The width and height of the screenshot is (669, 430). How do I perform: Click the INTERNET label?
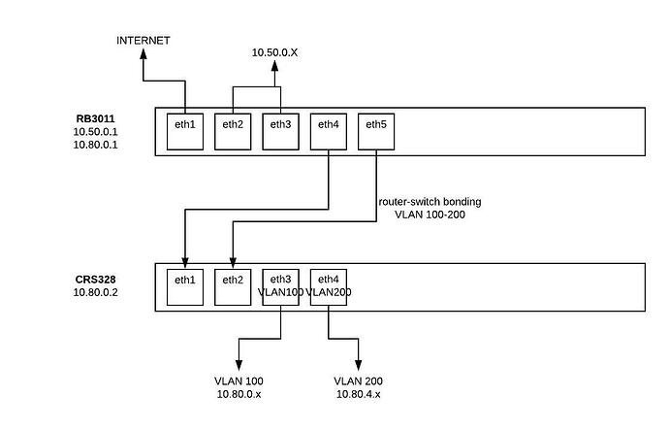click(x=143, y=40)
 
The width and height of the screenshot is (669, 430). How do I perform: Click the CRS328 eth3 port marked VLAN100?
click(x=280, y=285)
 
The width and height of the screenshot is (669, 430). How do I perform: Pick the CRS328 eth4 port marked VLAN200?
click(x=329, y=285)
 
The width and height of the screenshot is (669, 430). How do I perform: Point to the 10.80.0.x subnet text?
click(x=239, y=394)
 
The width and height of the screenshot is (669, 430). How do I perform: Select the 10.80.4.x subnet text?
click(x=360, y=394)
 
